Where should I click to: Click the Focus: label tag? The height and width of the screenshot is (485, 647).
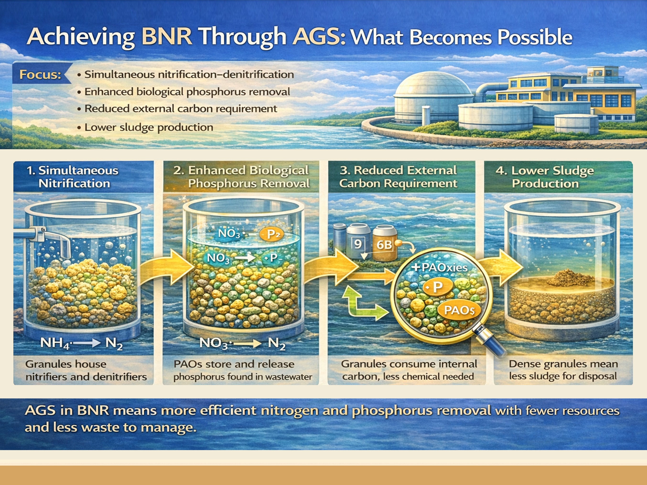click(x=40, y=75)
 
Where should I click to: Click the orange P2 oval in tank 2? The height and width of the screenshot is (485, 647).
click(x=272, y=234)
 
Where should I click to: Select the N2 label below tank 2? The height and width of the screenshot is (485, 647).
click(x=276, y=343)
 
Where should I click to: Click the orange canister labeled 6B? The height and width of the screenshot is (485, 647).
click(x=384, y=244)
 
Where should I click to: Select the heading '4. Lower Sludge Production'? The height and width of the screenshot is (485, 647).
click(x=545, y=177)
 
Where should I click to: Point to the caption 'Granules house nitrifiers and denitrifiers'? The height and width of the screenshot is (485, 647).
click(x=86, y=370)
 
